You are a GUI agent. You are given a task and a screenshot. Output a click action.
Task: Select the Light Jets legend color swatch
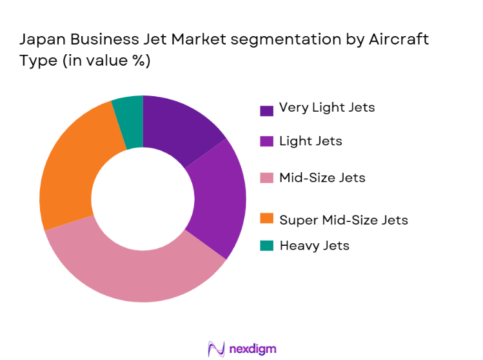[266, 142]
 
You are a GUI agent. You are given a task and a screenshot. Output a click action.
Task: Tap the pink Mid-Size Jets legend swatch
[266, 179]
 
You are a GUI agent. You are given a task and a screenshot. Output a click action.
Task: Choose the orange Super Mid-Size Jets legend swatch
[266, 221]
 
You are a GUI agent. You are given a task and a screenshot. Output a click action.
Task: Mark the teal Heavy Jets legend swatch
[266, 246]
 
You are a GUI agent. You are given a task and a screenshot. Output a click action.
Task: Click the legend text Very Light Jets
[326, 108]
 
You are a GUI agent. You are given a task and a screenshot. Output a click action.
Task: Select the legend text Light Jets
[310, 141]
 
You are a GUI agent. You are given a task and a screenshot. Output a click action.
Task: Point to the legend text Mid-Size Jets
[322, 177]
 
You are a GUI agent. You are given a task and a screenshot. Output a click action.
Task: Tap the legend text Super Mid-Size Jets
[343, 220]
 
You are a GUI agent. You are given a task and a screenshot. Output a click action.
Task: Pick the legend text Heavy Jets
[314, 245]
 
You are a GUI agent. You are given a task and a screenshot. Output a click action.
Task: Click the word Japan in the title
[41, 40]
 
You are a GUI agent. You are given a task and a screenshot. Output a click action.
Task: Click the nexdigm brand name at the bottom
[253, 349]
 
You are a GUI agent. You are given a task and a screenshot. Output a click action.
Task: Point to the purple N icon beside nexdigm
[215, 349]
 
